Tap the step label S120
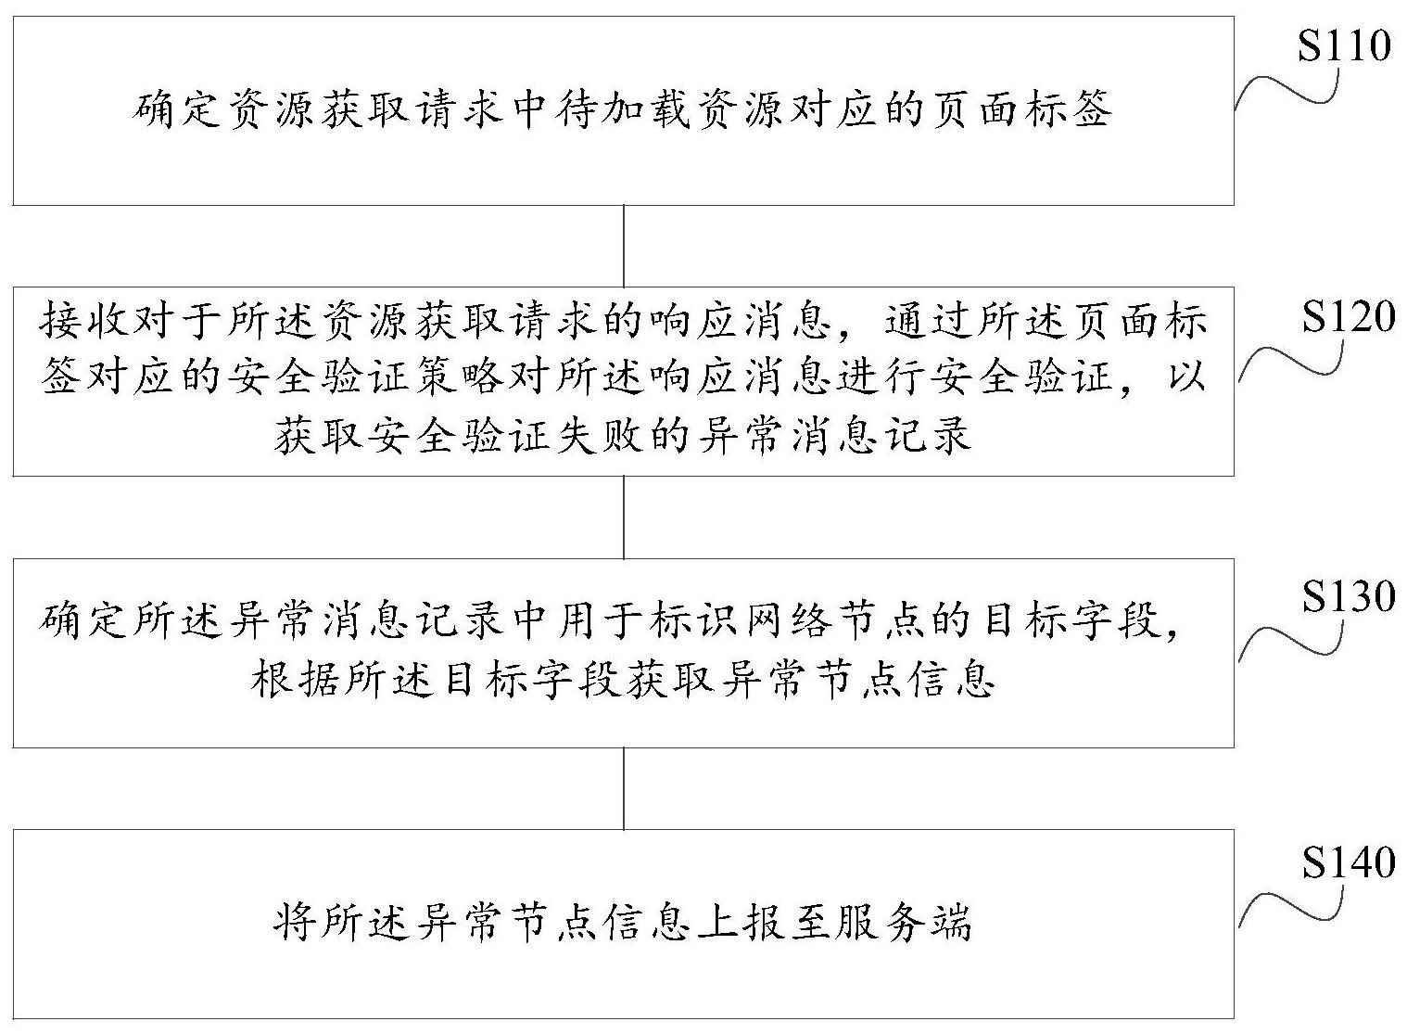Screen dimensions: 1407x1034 click(1348, 316)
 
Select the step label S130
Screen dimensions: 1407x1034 click(1348, 596)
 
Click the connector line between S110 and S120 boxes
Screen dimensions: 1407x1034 click(624, 247)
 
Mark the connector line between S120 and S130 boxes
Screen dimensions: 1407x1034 click(624, 517)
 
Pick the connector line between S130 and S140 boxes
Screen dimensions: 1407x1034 click(624, 788)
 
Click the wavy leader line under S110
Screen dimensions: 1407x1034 click(1287, 90)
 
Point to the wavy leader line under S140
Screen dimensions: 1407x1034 click(1291, 906)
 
